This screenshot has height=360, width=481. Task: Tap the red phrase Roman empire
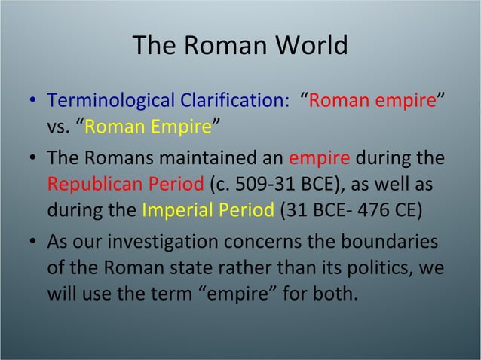tap(372, 100)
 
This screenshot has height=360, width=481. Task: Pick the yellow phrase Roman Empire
tap(147, 125)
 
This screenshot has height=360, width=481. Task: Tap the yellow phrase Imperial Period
tap(208, 209)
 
